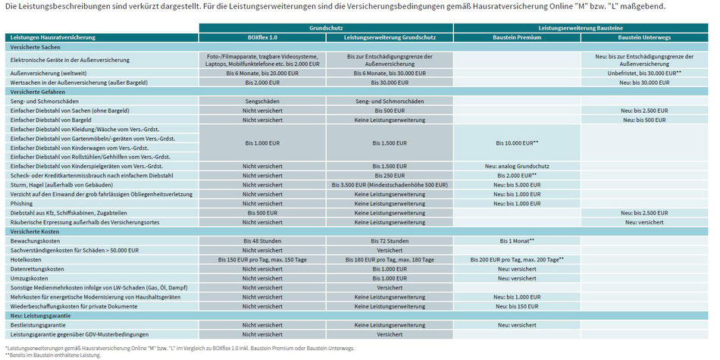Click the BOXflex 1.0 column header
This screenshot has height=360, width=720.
point(262,38)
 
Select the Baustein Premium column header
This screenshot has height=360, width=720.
point(517,38)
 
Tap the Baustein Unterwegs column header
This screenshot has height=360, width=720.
point(645,38)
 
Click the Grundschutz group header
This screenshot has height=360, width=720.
point(326,29)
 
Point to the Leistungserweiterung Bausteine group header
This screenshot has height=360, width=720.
point(581,29)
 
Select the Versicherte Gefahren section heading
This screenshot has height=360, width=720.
point(31,92)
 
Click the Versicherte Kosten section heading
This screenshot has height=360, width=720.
point(30,232)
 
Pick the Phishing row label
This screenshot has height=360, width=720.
point(20,203)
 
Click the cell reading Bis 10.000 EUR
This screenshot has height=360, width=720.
point(517,142)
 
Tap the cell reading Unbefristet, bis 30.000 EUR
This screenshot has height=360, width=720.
point(645,73)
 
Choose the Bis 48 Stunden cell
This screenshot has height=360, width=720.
point(262,241)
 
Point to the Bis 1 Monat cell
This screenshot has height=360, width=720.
point(517,241)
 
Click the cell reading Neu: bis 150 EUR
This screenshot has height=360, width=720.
point(517,306)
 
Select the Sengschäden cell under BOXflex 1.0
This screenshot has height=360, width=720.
point(262,101)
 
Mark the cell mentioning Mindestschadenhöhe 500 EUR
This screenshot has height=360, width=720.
point(390,185)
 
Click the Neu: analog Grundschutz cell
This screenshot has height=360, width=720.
point(517,166)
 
